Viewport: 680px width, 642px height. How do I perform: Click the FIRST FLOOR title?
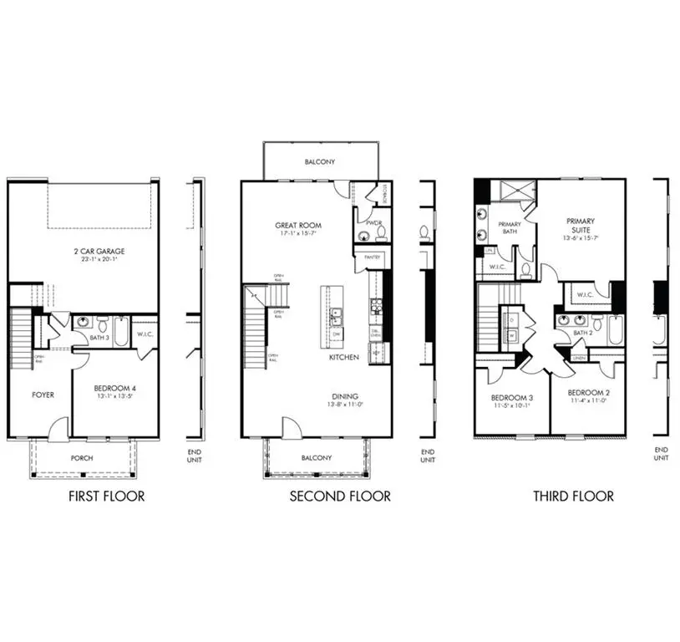pyautogui.click(x=106, y=497)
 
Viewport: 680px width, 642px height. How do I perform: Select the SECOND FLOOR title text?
pyautogui.click(x=340, y=497)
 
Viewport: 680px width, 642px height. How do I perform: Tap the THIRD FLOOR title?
pyautogui.click(x=573, y=497)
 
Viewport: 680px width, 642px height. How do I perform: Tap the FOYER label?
pyautogui.click(x=43, y=395)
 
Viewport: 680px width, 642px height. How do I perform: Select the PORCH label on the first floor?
pyautogui.click(x=82, y=458)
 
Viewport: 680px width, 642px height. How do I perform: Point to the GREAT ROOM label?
pyautogui.click(x=298, y=225)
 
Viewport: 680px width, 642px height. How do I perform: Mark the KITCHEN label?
pyautogui.click(x=344, y=357)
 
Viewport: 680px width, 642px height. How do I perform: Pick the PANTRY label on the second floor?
pyautogui.click(x=371, y=258)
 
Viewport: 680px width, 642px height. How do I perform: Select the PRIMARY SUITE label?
pyautogui.click(x=580, y=226)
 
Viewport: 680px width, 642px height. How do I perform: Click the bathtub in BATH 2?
pyautogui.click(x=615, y=330)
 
